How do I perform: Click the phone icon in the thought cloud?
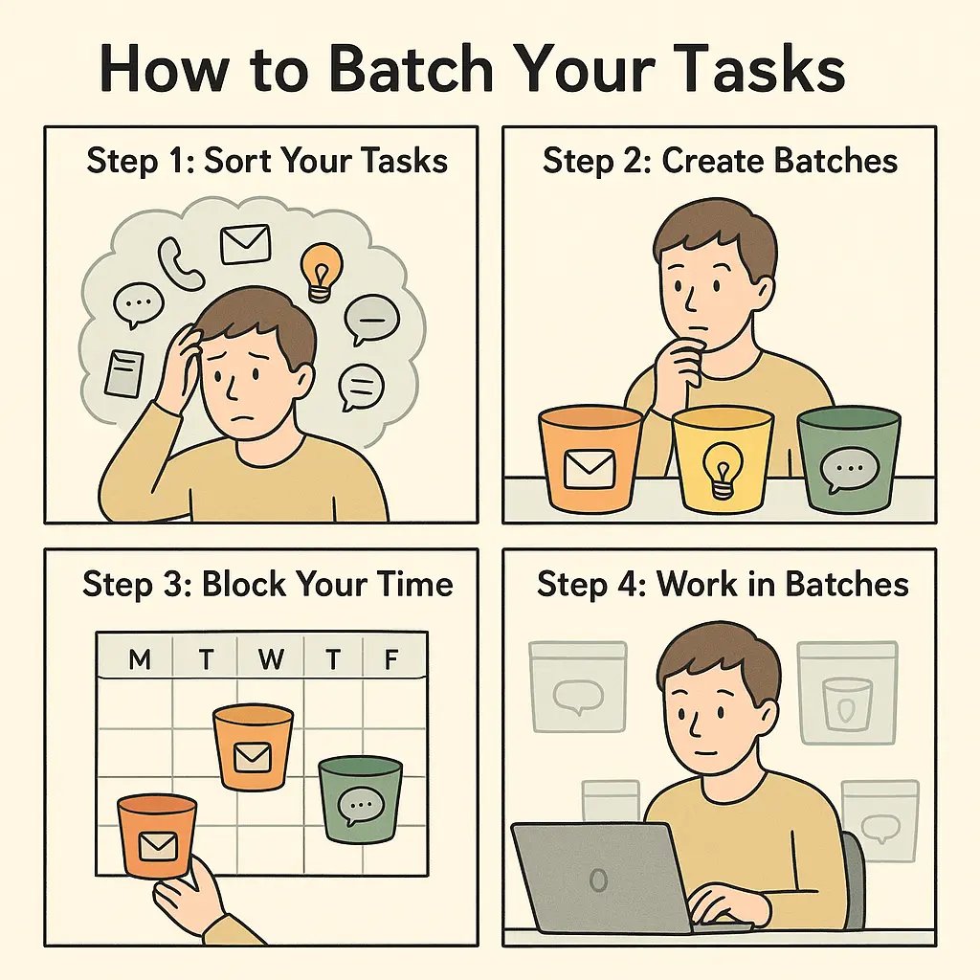point(181,263)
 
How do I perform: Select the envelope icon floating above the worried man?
point(245,244)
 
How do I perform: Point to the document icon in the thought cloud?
point(124,373)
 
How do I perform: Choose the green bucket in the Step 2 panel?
point(848,459)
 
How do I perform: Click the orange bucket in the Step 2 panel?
point(590,459)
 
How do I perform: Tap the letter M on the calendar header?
point(139,659)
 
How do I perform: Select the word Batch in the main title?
point(407,71)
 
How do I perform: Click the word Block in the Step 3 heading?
point(246,585)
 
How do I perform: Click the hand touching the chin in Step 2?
point(680,365)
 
